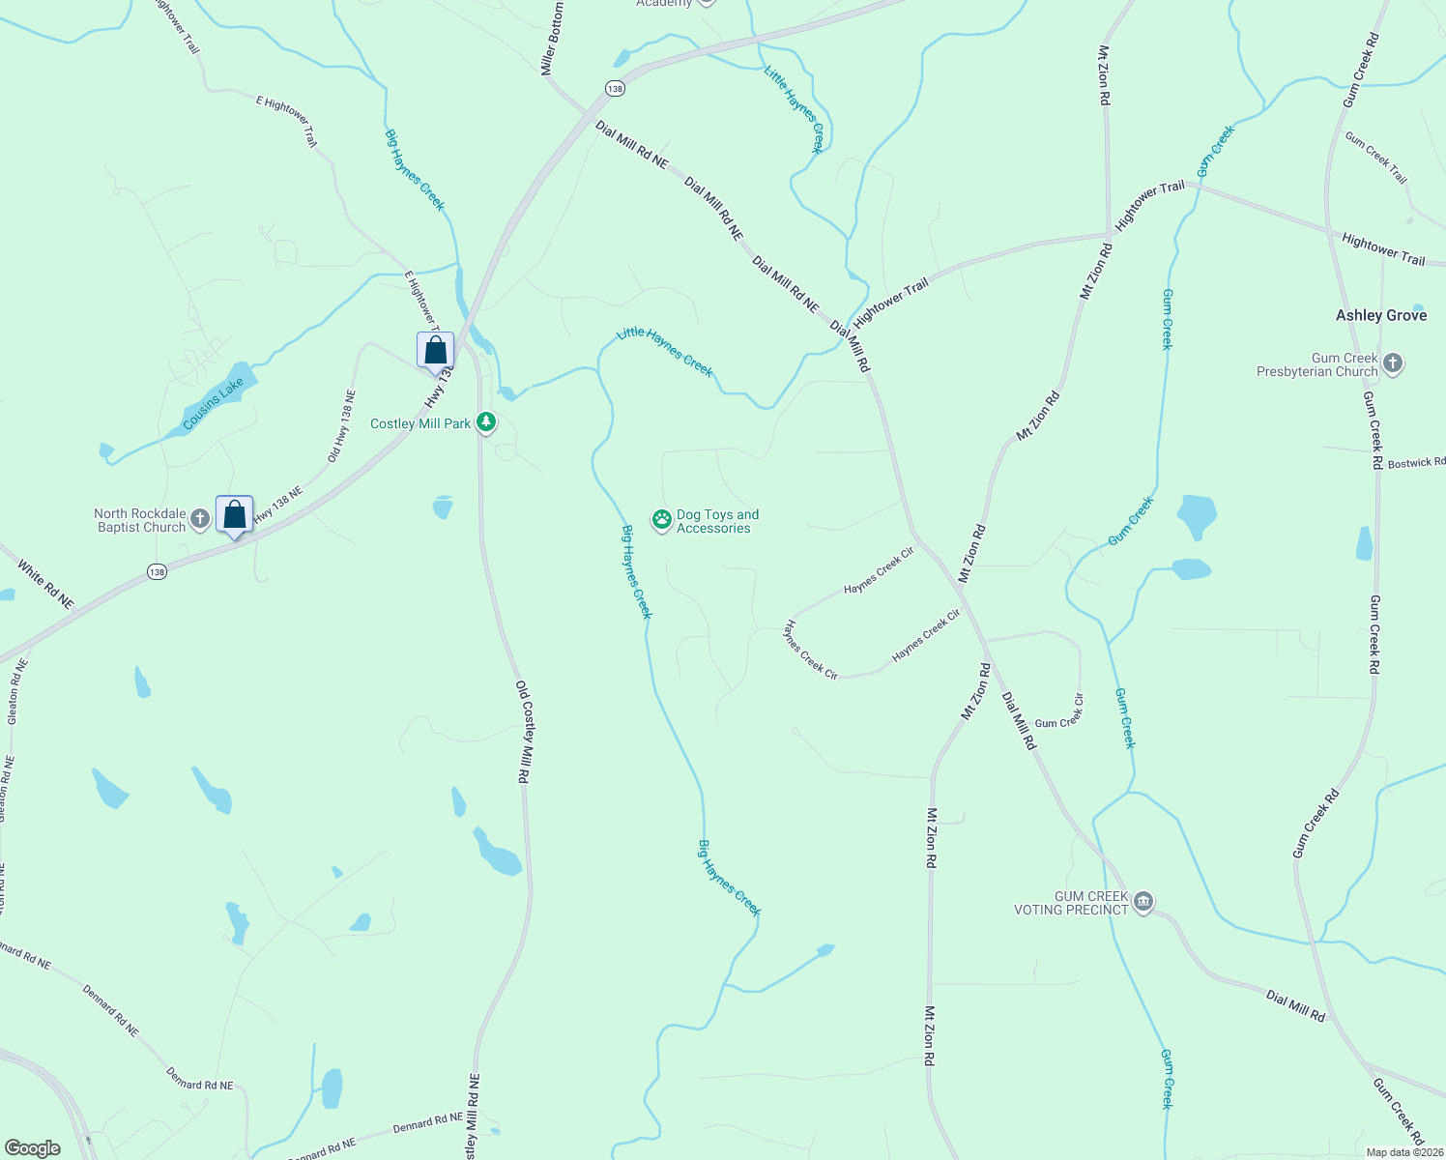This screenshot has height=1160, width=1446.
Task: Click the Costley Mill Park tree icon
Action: tap(486, 422)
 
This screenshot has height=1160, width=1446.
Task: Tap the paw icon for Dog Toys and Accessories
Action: tap(661, 520)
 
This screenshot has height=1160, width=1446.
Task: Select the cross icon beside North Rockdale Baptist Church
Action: tap(200, 519)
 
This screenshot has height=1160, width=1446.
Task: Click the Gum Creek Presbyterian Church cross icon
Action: tap(1392, 363)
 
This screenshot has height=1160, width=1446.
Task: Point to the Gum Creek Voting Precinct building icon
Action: tap(1142, 903)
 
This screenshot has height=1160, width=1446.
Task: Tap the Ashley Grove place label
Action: tap(1380, 315)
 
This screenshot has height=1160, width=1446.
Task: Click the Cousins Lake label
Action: tap(214, 404)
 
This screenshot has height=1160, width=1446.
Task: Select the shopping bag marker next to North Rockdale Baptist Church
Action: tap(235, 514)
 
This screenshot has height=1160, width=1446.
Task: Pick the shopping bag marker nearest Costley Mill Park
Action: tap(435, 350)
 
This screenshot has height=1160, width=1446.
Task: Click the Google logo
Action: tap(32, 1148)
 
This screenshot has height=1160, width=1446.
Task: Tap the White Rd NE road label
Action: tap(44, 587)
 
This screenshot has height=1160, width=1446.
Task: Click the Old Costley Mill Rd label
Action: tap(523, 732)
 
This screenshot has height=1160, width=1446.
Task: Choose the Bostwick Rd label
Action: tap(1416, 464)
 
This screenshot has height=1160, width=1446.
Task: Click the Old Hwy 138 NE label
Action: tap(341, 426)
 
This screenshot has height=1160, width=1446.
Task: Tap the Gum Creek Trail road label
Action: tap(1375, 157)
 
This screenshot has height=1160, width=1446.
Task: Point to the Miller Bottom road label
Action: tap(552, 39)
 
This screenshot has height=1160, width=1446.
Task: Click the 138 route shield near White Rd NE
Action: tap(157, 572)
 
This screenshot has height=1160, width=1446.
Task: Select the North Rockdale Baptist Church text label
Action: tap(140, 520)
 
